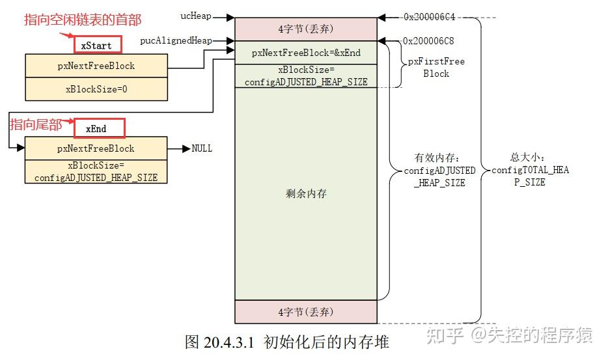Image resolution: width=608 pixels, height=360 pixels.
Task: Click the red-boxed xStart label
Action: pyautogui.click(x=98, y=45)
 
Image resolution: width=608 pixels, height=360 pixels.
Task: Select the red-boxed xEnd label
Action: pyautogui.click(x=99, y=128)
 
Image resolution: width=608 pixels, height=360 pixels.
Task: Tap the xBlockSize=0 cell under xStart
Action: pyautogui.click(x=96, y=89)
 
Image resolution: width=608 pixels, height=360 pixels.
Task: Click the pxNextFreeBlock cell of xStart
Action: pyautogui.click(x=96, y=66)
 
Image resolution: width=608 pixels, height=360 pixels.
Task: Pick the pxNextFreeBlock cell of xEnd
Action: pyautogui.click(x=96, y=148)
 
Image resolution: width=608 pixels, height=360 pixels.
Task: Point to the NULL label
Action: pyautogui.click(x=202, y=148)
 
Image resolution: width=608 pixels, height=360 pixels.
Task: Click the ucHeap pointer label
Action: pyautogui.click(x=196, y=16)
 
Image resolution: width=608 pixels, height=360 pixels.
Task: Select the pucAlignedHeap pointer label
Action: pyautogui.click(x=176, y=40)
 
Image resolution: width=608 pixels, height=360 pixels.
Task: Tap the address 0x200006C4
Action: pyautogui.click(x=429, y=17)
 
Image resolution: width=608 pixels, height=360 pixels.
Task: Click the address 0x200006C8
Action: pyautogui.click(x=428, y=41)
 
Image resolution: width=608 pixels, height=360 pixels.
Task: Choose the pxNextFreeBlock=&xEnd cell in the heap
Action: pyautogui.click(x=306, y=53)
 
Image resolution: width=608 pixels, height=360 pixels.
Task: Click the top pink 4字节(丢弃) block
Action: pyautogui.click(x=306, y=29)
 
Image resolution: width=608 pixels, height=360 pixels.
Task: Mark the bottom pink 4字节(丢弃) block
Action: pyautogui.click(x=306, y=312)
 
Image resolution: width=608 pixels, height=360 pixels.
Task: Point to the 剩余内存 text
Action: pyautogui.click(x=306, y=193)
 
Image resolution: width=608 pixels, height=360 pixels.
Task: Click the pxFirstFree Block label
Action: pyautogui.click(x=436, y=67)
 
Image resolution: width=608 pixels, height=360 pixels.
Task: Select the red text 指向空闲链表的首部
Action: pyautogui.click(x=83, y=20)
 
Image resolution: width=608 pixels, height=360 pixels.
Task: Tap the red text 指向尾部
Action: pyautogui.click(x=36, y=124)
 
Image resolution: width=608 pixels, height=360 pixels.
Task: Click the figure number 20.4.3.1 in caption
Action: pyautogui.click(x=228, y=342)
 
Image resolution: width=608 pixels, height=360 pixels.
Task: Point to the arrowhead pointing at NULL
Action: pyautogui.click(x=187, y=148)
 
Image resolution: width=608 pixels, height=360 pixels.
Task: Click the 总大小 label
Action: pyautogui.click(x=527, y=157)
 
